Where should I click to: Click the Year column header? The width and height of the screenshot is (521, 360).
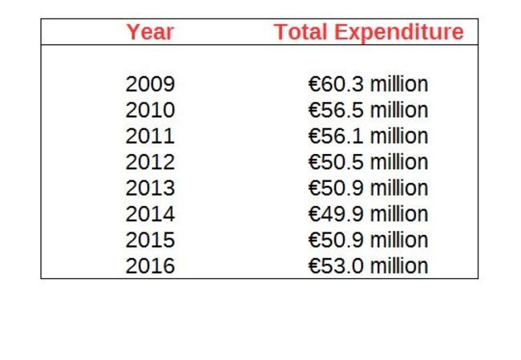click(x=150, y=33)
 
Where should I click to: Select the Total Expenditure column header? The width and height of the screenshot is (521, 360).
click(x=369, y=33)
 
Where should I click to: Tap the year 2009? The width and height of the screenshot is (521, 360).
click(x=150, y=84)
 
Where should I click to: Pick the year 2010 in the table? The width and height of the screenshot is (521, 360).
click(x=150, y=110)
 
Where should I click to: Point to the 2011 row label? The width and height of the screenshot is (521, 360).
click(x=150, y=136)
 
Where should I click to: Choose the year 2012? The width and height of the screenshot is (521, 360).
click(x=150, y=162)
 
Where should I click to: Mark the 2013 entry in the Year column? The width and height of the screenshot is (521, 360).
click(x=150, y=188)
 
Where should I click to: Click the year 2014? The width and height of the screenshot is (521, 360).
click(x=150, y=214)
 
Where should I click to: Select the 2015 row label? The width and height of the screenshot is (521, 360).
click(x=150, y=241)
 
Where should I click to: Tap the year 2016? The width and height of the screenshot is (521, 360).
click(x=150, y=266)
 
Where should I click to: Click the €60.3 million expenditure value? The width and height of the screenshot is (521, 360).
click(x=368, y=84)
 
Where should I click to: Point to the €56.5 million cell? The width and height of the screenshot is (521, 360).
click(x=368, y=110)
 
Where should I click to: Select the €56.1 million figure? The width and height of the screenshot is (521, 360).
click(x=368, y=136)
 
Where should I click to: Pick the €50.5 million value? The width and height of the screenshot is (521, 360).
click(x=368, y=162)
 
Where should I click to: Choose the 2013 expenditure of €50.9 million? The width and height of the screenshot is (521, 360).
click(x=368, y=188)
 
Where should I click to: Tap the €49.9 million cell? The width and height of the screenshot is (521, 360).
click(x=368, y=214)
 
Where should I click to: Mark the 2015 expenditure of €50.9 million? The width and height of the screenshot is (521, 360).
click(x=368, y=241)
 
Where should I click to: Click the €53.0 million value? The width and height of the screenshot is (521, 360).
click(x=368, y=266)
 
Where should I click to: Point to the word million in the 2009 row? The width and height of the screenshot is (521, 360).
click(x=398, y=84)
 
